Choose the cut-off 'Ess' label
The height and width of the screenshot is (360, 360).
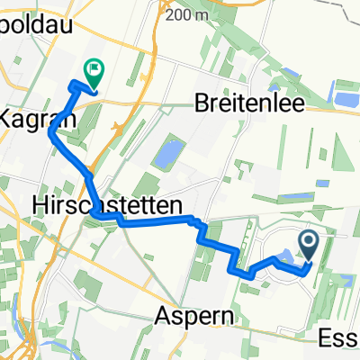(x=339, y=338)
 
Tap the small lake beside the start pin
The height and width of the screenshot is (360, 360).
(x=286, y=259)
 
